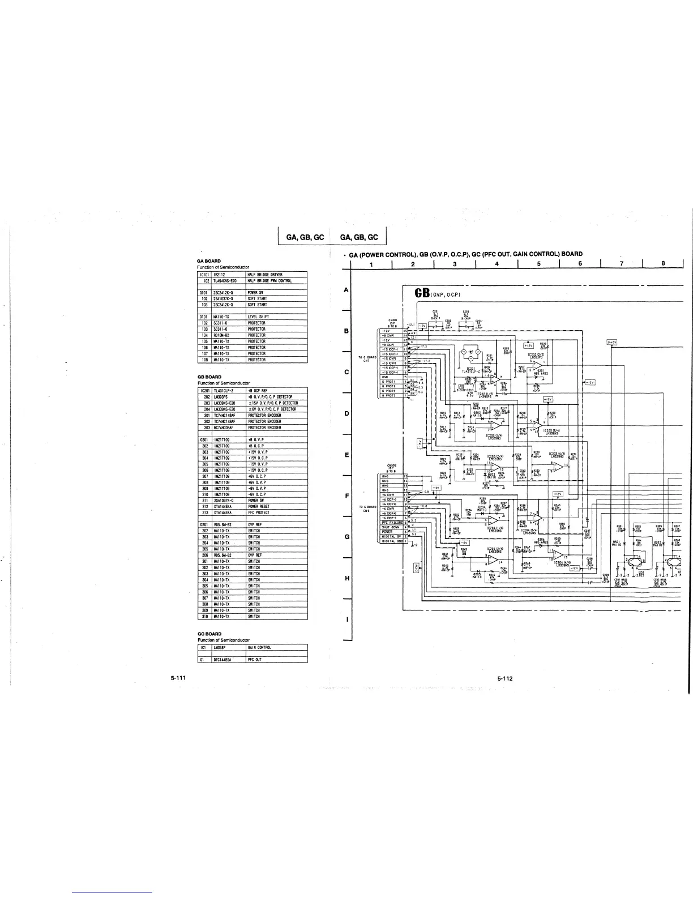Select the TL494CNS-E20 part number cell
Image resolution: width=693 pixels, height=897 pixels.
tap(228, 280)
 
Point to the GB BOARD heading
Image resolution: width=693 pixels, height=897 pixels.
tap(205, 377)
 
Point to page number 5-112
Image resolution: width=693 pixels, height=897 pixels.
tap(505, 678)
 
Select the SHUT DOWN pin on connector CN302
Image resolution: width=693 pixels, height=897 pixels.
tap(391, 527)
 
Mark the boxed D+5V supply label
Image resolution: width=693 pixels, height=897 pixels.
tap(611, 342)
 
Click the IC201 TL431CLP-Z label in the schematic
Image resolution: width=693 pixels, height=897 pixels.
tap(470, 370)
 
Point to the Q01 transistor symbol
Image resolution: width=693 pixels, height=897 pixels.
tap(633, 562)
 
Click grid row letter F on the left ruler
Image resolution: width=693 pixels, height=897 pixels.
tap(346, 496)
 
